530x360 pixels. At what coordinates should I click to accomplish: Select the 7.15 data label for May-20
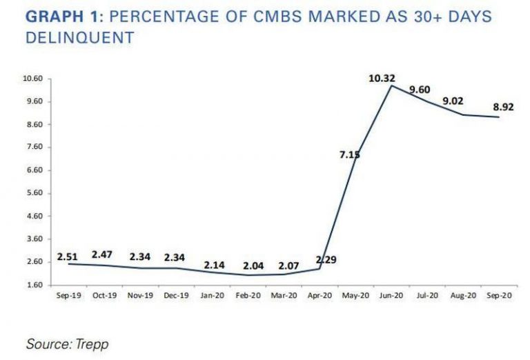pos(349,154)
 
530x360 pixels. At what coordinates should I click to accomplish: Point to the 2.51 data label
pos(67,257)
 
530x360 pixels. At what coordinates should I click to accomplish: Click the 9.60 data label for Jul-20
pos(420,89)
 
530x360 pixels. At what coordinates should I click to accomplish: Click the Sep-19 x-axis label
pos(67,295)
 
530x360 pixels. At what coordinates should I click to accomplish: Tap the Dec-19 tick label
pos(175,295)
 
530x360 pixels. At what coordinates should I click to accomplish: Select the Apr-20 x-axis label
pos(320,295)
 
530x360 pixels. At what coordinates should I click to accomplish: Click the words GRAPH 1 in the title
pos(59,17)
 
